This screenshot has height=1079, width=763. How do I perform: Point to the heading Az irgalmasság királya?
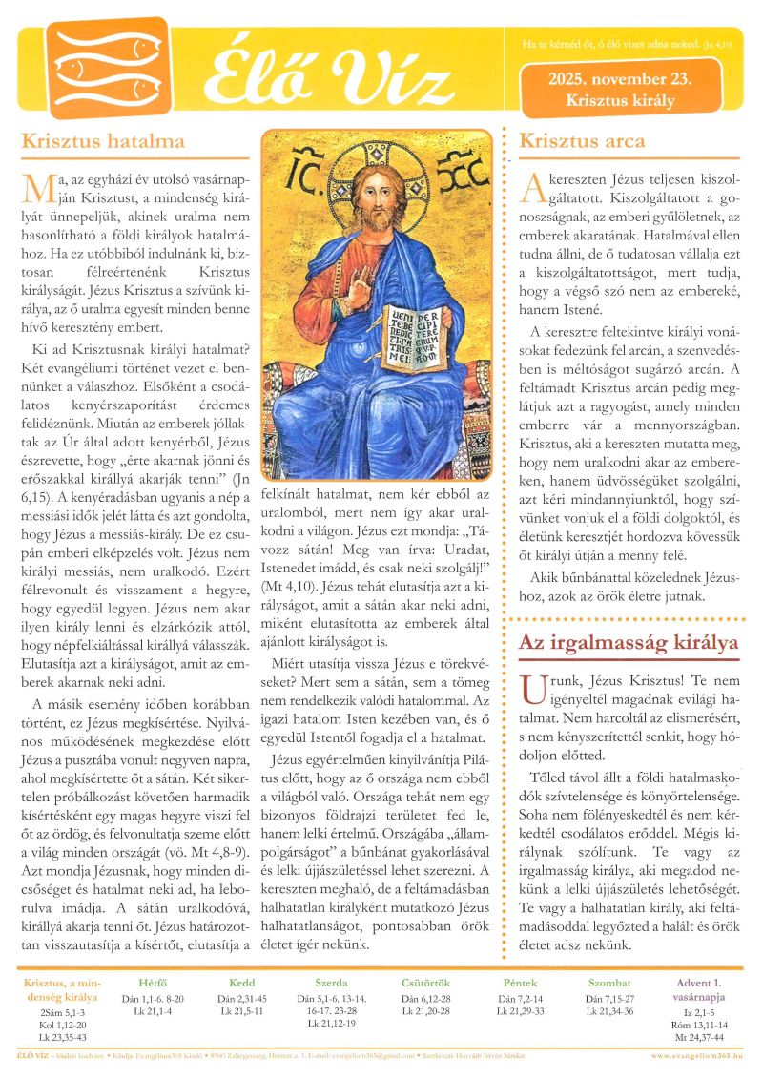(629, 643)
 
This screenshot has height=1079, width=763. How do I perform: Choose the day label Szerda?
(331, 984)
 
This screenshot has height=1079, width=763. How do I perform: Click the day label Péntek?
(521, 984)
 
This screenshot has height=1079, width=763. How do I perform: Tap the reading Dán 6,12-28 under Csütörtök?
(425, 999)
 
